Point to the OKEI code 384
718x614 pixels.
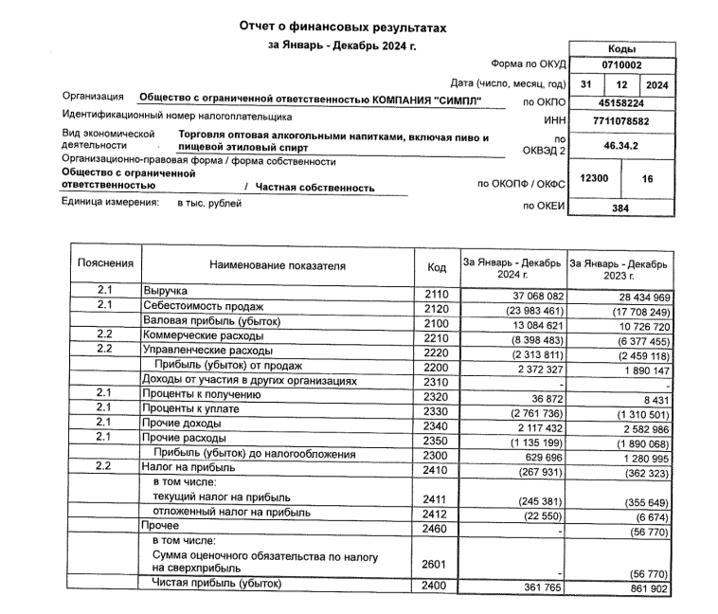click(620, 207)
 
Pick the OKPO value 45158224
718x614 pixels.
click(620, 103)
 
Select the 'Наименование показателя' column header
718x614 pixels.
click(278, 267)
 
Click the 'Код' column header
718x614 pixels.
click(437, 268)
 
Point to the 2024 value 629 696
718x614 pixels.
click(539, 454)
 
